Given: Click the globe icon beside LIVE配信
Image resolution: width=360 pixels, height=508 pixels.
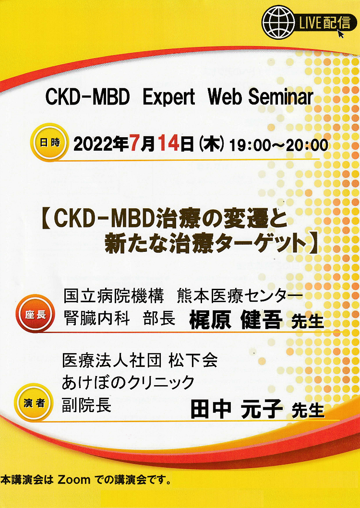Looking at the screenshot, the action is coord(278,22).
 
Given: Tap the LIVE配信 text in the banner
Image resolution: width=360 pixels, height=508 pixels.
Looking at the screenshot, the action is coord(324,23).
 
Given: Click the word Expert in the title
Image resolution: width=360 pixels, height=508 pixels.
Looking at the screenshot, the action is coord(168,97).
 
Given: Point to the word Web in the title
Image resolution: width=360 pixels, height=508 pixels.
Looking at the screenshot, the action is coord(225,96).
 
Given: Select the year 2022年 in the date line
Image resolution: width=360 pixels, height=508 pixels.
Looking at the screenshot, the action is coord(101,143).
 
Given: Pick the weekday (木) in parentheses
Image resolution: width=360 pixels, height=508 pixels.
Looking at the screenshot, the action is coord(212,144).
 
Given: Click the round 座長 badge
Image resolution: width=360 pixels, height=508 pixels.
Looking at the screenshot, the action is coord(35,313).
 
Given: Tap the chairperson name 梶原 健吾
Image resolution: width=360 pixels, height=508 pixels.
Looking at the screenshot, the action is coord(236,320).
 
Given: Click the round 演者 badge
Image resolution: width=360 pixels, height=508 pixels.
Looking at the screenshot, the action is coord(34,402).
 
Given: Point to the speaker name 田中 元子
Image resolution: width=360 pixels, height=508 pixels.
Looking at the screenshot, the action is coord(237,409).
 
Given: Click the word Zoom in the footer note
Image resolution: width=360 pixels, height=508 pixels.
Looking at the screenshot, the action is coord(74,480).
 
